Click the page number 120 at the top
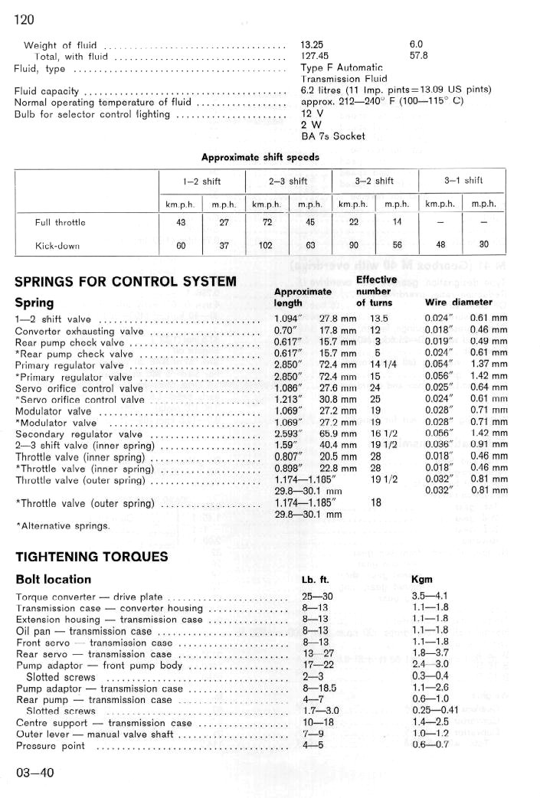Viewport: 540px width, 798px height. [25, 19]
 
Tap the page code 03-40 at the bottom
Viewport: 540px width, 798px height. [35, 772]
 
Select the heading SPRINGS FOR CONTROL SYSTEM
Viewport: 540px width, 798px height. [126, 282]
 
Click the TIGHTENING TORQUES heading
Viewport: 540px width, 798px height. [92, 557]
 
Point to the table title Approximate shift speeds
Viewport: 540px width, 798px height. [260, 157]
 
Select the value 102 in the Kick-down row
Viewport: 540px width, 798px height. [267, 247]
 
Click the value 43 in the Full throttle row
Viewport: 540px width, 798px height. [181, 223]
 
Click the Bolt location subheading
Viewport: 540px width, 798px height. [54, 580]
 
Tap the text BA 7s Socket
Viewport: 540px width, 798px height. [333, 136]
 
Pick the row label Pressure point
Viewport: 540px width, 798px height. [51, 746]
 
